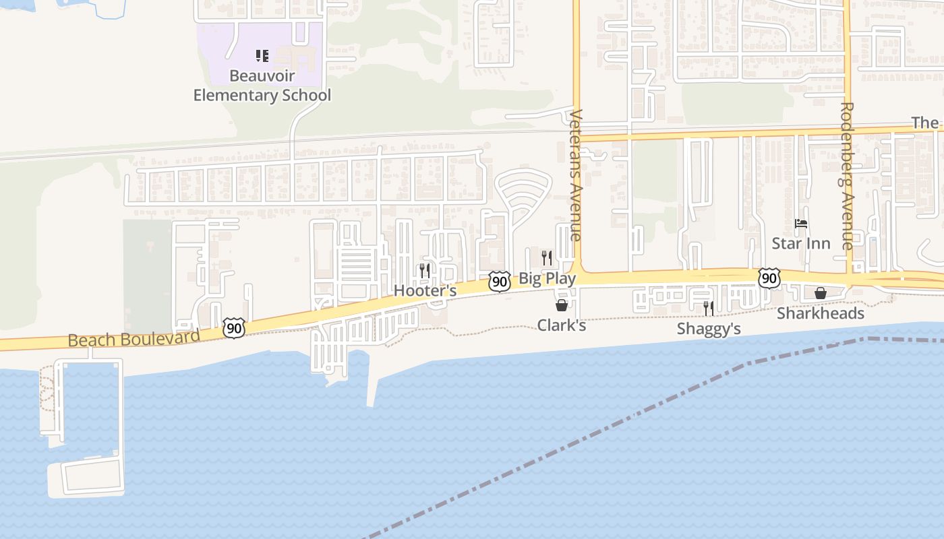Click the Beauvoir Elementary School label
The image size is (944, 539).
(x=262, y=86)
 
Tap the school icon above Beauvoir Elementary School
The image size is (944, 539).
(x=262, y=56)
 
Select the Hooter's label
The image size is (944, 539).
(x=425, y=291)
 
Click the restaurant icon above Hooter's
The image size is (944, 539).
(x=425, y=271)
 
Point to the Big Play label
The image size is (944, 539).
(x=547, y=278)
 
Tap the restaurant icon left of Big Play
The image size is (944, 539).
(x=547, y=257)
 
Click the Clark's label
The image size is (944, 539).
(x=561, y=325)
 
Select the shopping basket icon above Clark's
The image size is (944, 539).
(x=561, y=306)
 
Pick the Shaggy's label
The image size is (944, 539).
(x=709, y=329)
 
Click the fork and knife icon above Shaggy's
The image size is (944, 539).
(x=709, y=309)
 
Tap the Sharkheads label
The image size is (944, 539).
(x=820, y=314)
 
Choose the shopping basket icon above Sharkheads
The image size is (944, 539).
(x=821, y=293)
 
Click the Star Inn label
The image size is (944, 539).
(x=801, y=243)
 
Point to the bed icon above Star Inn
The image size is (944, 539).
(x=801, y=224)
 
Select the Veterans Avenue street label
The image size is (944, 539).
(x=575, y=175)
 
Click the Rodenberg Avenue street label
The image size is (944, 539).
(x=848, y=175)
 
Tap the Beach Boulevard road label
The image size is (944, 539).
(x=134, y=338)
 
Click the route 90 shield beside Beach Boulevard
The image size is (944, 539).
(x=233, y=329)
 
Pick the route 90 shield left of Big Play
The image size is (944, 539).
(x=499, y=282)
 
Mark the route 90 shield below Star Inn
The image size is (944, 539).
(x=769, y=278)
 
